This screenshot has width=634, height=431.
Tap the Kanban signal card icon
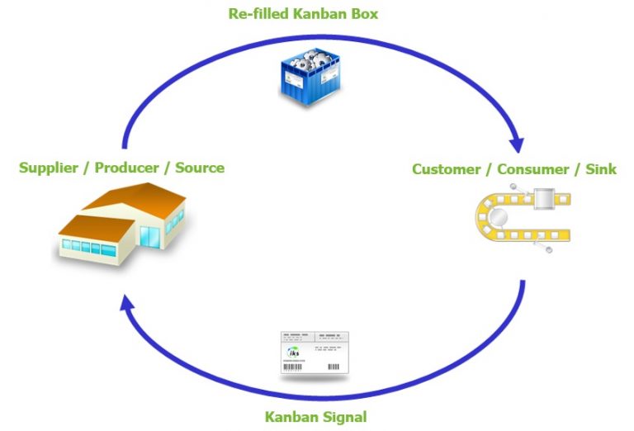314,353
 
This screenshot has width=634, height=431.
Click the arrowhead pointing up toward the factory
126,306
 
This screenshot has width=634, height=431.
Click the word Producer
126,168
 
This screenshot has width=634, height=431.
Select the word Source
199,168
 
